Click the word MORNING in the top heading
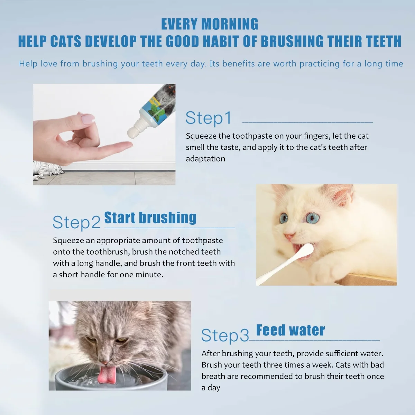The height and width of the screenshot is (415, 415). [x=230, y=24]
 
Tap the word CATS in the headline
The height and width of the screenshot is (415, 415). [x=66, y=41]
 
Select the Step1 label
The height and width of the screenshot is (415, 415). [x=208, y=118]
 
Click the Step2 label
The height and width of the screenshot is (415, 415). [x=76, y=222]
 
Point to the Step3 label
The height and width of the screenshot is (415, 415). [x=225, y=335]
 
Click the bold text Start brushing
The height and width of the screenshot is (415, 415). [x=150, y=218]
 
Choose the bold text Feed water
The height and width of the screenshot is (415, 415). [x=290, y=330]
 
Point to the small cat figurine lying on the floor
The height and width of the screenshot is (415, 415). [x=48, y=169]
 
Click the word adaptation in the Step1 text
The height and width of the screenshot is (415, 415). [x=205, y=159]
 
